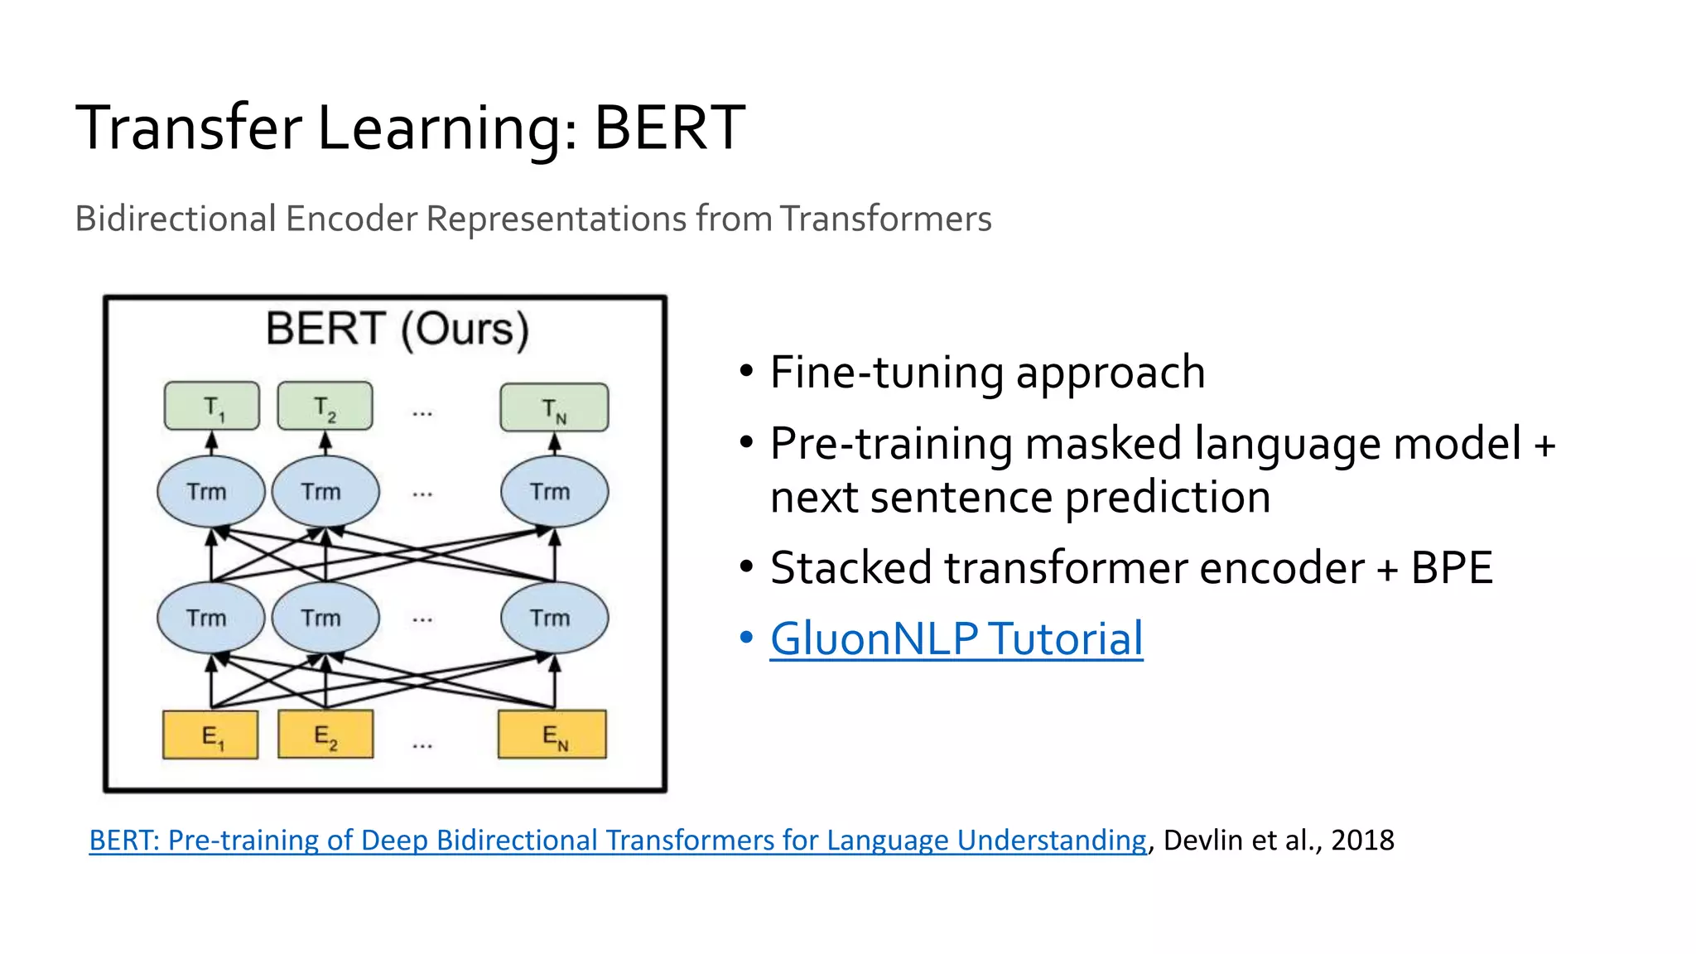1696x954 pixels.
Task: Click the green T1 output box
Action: (212, 406)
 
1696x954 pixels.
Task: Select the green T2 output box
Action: (325, 406)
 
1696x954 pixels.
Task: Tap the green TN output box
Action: (554, 407)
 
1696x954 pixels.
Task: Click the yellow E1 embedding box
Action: (210, 735)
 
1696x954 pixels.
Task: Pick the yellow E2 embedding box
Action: (325, 735)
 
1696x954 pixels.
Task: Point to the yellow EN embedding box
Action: (552, 735)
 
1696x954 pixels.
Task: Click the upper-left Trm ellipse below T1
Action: (210, 491)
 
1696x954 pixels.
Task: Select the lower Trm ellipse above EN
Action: (554, 618)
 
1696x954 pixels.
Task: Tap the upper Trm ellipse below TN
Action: (554, 491)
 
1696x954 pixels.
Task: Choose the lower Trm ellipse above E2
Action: (325, 618)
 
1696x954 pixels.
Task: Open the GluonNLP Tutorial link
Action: (956, 638)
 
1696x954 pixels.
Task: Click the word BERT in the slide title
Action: (669, 128)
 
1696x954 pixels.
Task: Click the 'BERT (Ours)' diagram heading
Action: (397, 329)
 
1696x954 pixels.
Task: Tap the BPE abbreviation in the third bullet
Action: (1451, 568)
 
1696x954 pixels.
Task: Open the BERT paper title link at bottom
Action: (617, 840)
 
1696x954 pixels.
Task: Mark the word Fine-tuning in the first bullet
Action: (885, 372)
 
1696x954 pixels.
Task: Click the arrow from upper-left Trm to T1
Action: (212, 444)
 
